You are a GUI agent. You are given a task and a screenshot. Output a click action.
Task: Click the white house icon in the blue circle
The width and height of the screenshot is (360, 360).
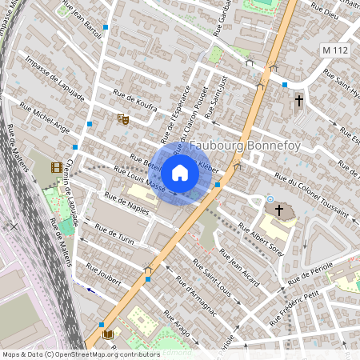click(x=180, y=173)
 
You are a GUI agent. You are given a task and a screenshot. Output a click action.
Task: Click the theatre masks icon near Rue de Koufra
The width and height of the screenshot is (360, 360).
click(x=123, y=119)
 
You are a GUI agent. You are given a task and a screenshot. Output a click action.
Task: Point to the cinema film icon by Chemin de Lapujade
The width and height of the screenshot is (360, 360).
click(x=55, y=167)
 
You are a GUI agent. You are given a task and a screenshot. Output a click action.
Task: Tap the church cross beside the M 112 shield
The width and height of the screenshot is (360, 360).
click(x=299, y=101)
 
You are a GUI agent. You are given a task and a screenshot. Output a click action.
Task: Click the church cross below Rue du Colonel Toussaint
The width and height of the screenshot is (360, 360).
click(x=279, y=210)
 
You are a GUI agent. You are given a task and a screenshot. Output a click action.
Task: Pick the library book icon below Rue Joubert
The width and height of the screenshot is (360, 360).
click(x=108, y=334)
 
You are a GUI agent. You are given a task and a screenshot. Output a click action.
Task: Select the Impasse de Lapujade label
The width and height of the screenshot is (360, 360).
click(x=54, y=79)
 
